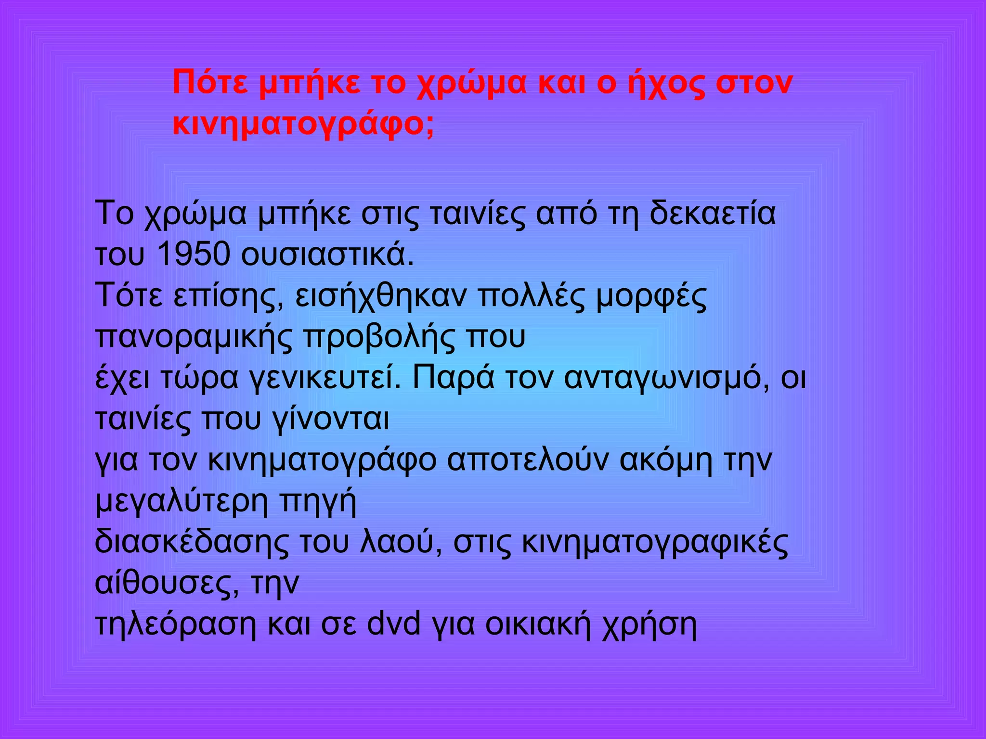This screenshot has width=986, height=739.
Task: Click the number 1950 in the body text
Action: [194, 254]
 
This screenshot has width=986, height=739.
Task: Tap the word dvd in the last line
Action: [393, 624]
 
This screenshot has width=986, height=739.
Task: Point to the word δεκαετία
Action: [712, 213]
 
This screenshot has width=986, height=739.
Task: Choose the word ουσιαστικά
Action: [327, 254]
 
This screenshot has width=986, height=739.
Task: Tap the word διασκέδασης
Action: [192, 542]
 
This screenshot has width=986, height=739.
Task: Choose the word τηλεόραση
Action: [176, 624]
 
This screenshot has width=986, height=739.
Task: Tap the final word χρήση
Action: [649, 624]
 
